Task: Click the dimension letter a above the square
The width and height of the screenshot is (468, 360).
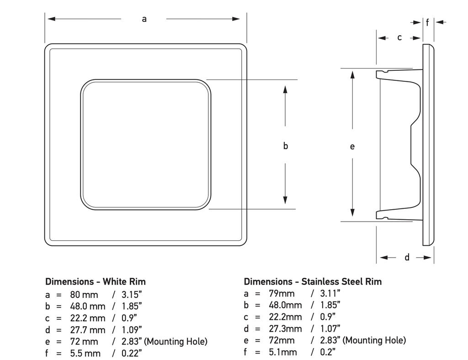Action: pos(144,19)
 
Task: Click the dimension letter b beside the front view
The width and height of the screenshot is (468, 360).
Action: pos(286,146)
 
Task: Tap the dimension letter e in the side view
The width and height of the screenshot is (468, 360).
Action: pos(352,147)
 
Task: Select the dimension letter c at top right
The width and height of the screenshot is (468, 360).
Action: pos(399,37)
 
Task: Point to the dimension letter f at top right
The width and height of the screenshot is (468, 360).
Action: pos(427,22)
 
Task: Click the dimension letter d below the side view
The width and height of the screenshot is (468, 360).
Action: pos(407,257)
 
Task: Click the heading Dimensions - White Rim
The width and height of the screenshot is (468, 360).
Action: pos(96,281)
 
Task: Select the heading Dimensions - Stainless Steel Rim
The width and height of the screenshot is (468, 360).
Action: pos(313,281)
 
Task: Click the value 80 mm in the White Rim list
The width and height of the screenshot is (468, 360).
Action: pos(84,295)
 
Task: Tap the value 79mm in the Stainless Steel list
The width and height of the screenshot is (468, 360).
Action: pos(282,293)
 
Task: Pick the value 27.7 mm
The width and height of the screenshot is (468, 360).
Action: pos(88,330)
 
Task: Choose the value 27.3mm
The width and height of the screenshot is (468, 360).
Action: pos(285,328)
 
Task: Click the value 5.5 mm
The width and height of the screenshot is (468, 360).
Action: pos(85,354)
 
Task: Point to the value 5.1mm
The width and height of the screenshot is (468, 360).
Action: pos(283,352)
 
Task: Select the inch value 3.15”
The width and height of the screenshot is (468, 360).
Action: pos(132,295)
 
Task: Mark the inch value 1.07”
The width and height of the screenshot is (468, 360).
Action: pos(330,328)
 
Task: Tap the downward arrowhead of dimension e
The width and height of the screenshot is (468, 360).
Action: pos(352,212)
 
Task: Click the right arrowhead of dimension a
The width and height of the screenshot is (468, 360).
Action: pos(236,19)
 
